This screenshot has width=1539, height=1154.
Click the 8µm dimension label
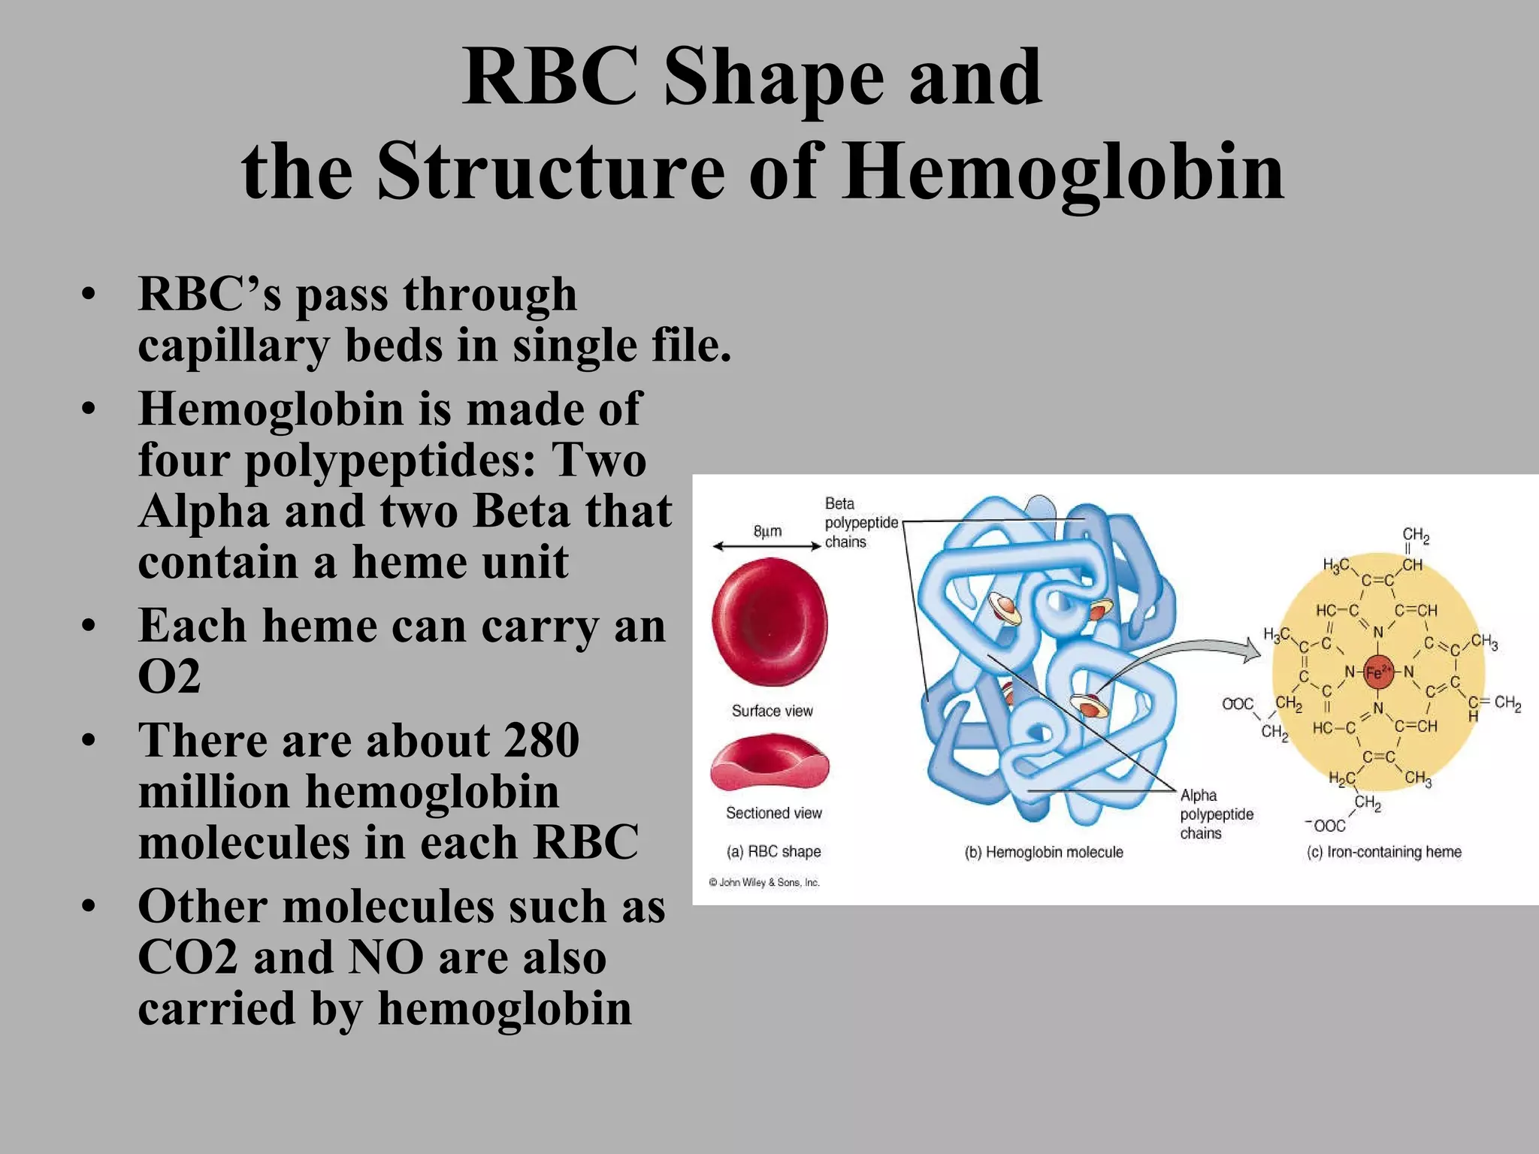coord(767,531)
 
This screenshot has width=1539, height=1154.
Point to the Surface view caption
coord(772,711)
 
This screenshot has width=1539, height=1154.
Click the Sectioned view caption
coord(773,813)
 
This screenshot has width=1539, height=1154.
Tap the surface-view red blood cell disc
coord(769,621)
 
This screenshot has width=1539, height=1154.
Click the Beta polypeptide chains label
coord(860,522)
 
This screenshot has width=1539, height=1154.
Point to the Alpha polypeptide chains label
coord(1216,814)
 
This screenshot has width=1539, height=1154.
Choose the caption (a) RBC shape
coord(773,851)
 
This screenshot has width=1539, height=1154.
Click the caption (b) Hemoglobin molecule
coord(1043,852)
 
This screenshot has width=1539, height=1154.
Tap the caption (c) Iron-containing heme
coord(1383,852)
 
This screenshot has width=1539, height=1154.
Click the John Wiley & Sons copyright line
coord(763,882)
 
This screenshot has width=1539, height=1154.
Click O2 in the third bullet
coord(169,675)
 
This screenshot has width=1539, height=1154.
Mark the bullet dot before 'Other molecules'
coord(89,907)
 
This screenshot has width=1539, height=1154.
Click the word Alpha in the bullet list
coord(204,512)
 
